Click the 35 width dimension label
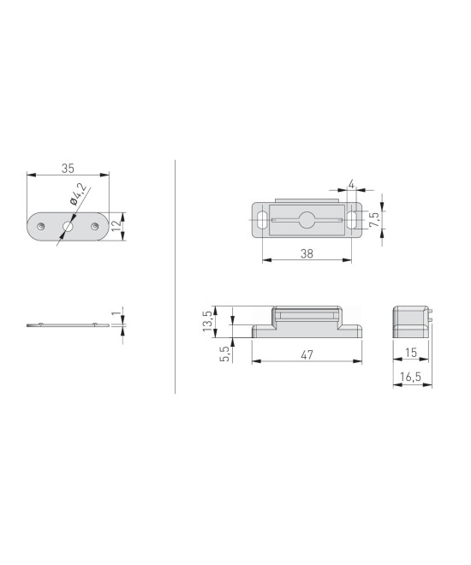(x=68, y=169)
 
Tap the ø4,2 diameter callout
(x=78, y=194)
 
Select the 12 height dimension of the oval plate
(x=116, y=226)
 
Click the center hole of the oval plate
(x=68, y=227)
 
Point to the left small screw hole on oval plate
(x=41, y=226)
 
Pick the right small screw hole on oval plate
(x=95, y=226)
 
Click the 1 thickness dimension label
(x=116, y=314)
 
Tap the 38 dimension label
(x=307, y=253)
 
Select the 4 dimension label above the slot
(x=351, y=185)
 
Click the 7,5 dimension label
(x=374, y=219)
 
